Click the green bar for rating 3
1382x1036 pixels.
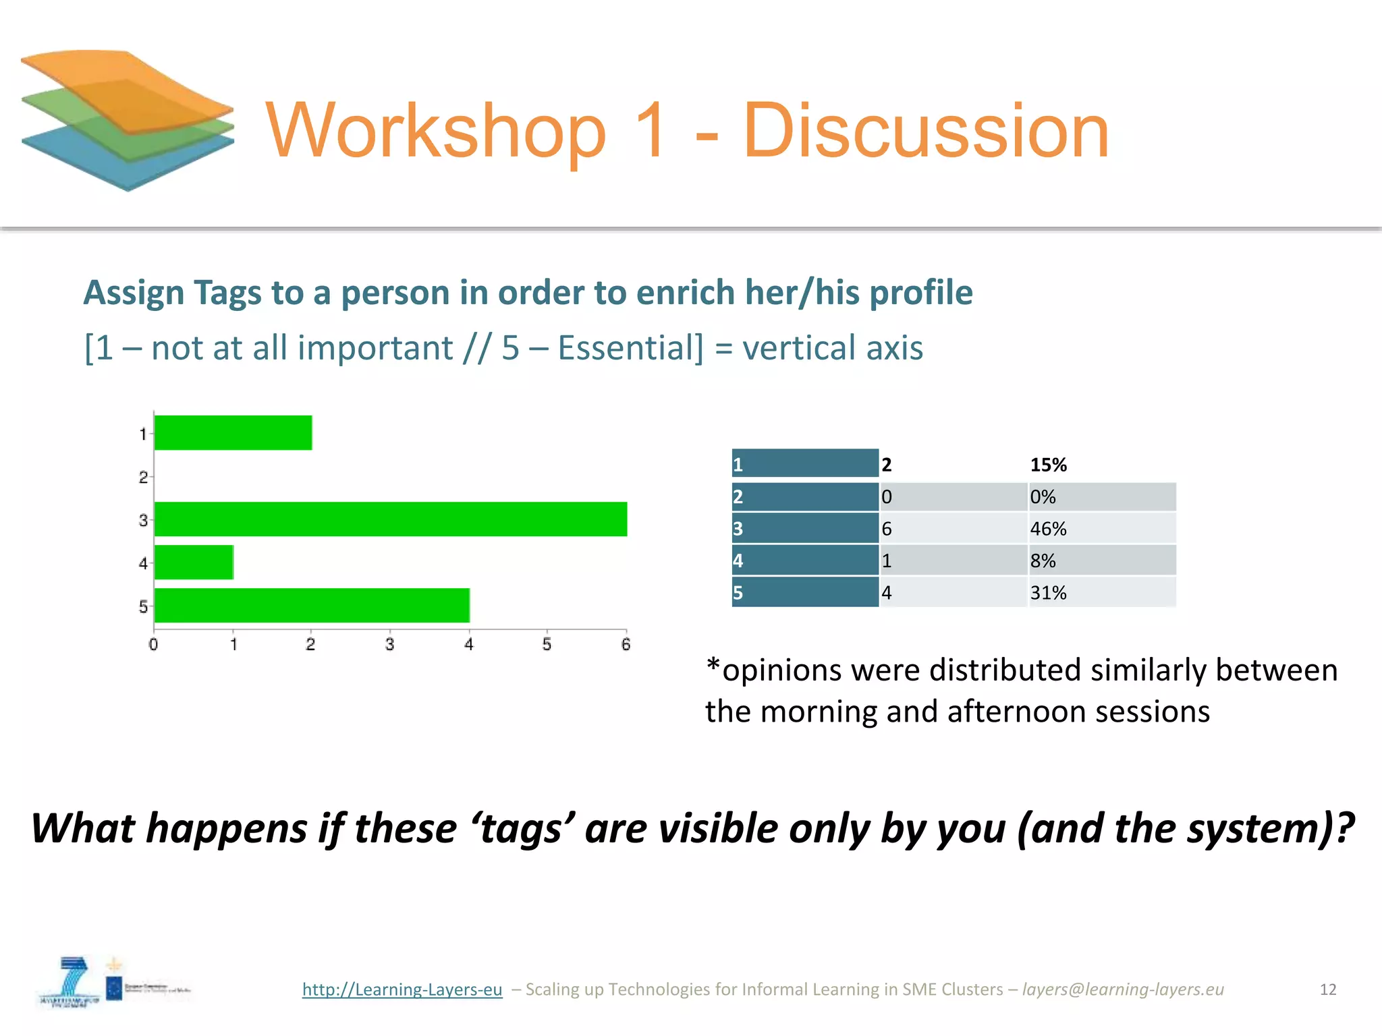[390, 519]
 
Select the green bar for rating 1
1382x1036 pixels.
[233, 432]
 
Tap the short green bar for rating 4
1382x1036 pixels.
[194, 562]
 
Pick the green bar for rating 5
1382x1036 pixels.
[312, 605]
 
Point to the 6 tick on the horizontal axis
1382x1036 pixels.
[626, 644]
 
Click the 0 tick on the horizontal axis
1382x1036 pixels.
[154, 644]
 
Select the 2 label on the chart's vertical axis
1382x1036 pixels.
[143, 477]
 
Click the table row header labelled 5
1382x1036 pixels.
[805, 592]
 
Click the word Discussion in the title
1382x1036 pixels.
[926, 130]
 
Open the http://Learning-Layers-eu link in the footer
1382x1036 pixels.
[402, 989]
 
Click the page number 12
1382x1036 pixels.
[1327, 989]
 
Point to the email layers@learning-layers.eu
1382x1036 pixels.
[1123, 989]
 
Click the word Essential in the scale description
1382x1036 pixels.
[630, 348]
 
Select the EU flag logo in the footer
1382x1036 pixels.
[114, 989]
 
